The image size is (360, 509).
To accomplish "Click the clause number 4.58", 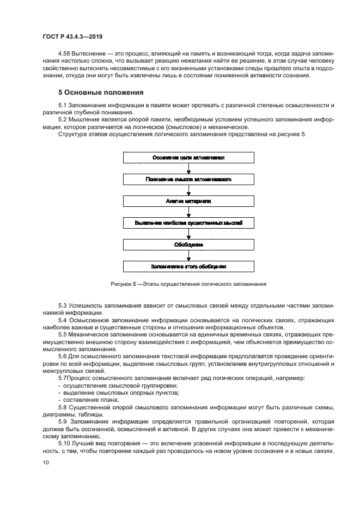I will [x=65, y=54].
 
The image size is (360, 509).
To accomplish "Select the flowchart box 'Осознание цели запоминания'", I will [x=188, y=157].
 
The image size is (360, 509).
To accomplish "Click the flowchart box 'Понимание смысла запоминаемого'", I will [x=188, y=179].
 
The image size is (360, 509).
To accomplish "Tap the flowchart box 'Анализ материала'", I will [x=188, y=201].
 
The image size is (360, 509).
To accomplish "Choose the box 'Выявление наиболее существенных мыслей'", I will [x=188, y=223].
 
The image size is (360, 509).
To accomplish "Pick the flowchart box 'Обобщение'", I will [x=188, y=245].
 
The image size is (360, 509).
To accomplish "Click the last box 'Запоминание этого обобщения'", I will [x=188, y=267].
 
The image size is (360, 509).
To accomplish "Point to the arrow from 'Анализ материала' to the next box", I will [x=188, y=212].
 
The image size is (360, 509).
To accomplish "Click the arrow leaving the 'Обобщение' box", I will [x=188, y=256].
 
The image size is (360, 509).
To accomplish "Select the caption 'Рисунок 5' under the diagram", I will [x=122, y=284].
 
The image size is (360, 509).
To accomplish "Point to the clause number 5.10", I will [x=64, y=444].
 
